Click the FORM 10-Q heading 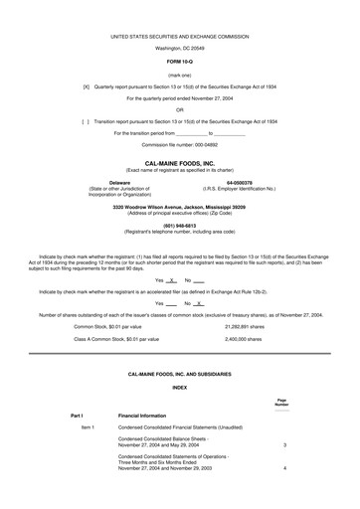[x=180, y=61]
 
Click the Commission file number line [x=179, y=144]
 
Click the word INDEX [x=179, y=385]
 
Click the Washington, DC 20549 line [x=179, y=47]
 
